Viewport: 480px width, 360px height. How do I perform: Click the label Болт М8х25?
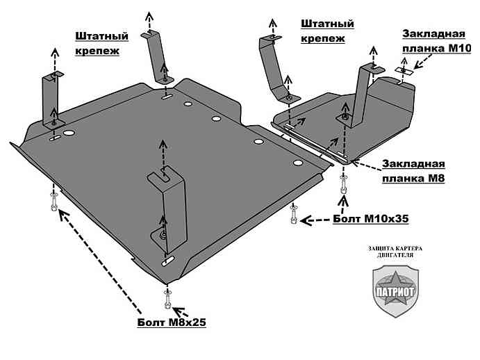172,322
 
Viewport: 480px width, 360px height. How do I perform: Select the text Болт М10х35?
370,218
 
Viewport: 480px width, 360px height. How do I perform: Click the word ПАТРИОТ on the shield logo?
394,291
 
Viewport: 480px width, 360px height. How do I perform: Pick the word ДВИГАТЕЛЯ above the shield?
394,255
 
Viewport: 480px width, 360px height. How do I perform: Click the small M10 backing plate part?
404,69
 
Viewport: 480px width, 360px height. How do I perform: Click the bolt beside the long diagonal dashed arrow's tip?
54,204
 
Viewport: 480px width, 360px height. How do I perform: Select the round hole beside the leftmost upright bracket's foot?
68,133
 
